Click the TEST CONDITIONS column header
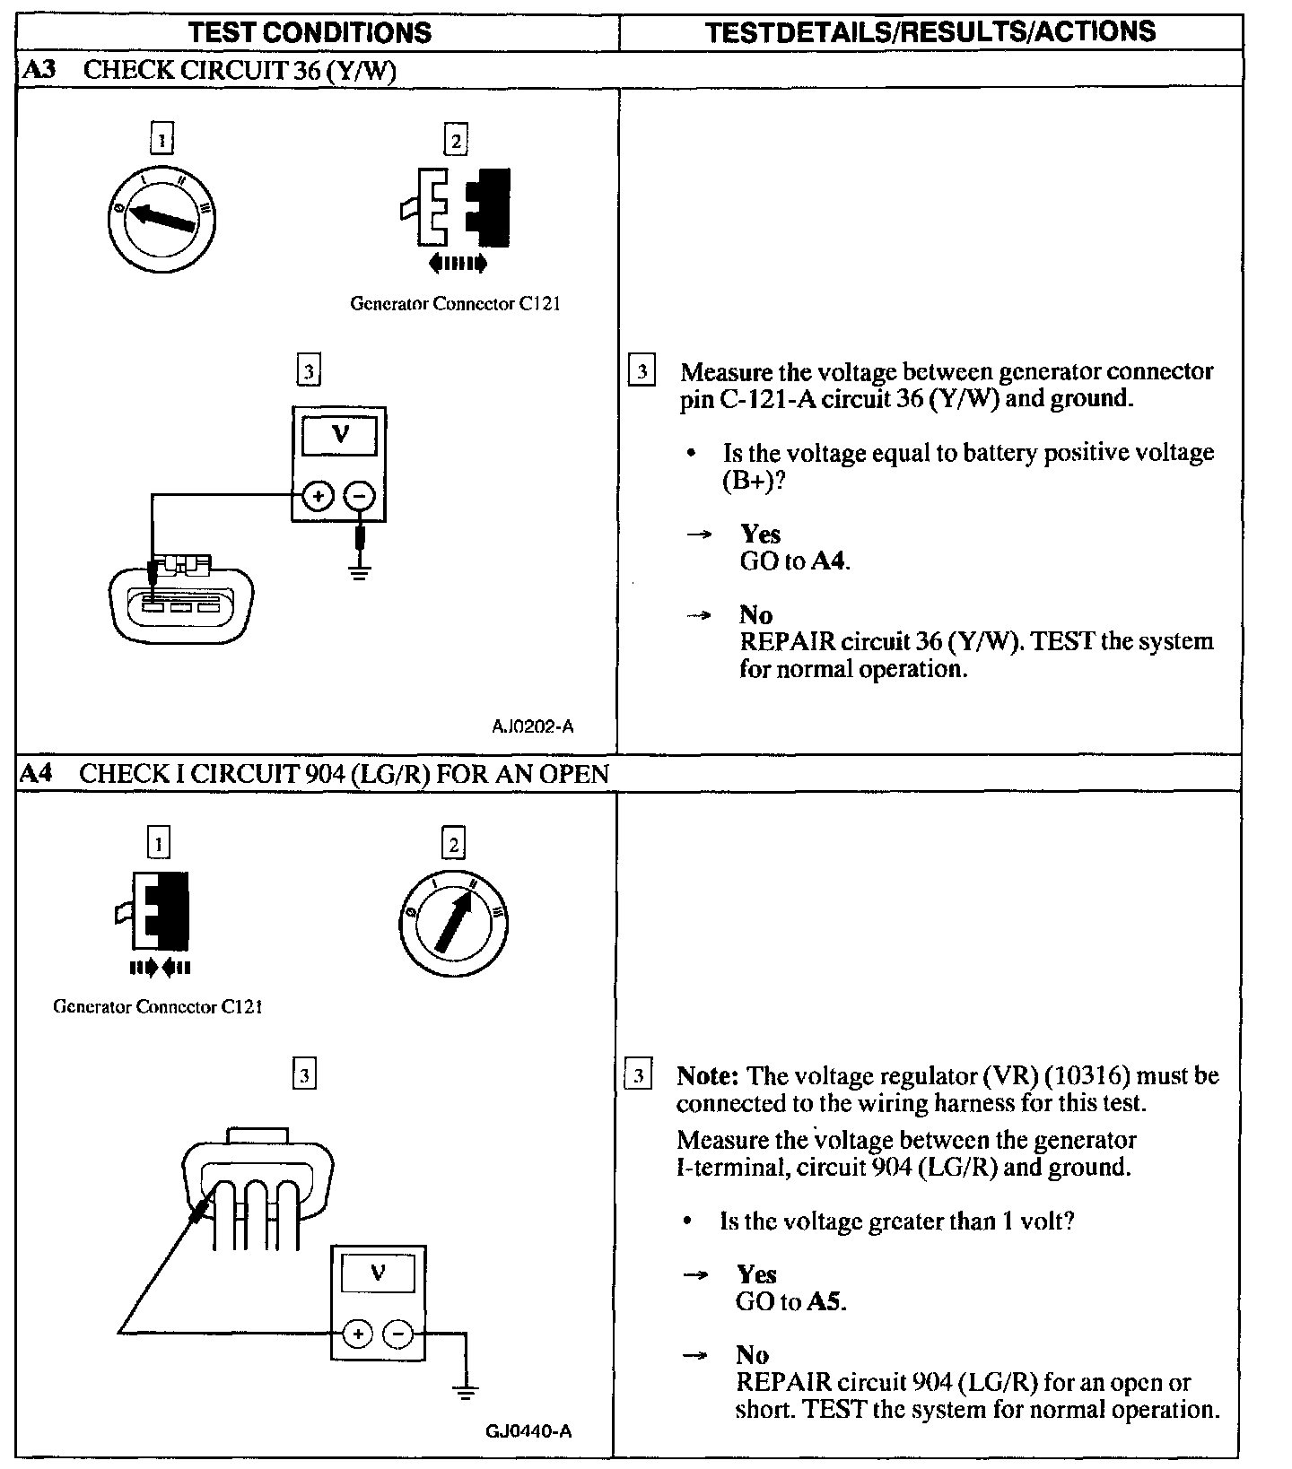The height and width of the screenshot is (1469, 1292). point(310,33)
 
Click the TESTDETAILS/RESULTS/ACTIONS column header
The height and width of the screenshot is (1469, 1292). point(930,32)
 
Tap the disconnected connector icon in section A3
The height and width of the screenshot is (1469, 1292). point(457,208)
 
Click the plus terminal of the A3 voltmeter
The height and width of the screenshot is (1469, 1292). point(318,496)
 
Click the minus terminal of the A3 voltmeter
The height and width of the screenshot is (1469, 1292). point(360,496)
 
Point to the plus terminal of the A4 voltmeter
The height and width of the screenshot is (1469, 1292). point(357,1334)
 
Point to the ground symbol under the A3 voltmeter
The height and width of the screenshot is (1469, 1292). point(360,571)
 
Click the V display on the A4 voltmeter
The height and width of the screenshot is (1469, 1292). point(378,1273)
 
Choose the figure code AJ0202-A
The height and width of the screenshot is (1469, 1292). point(532,726)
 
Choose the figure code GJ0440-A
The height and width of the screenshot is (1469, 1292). point(528,1431)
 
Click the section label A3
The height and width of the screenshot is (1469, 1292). point(38,70)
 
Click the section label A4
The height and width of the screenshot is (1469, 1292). point(38,773)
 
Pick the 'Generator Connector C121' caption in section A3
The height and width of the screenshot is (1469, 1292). point(455,303)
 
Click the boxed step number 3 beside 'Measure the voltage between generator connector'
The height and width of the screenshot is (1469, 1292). point(642,371)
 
